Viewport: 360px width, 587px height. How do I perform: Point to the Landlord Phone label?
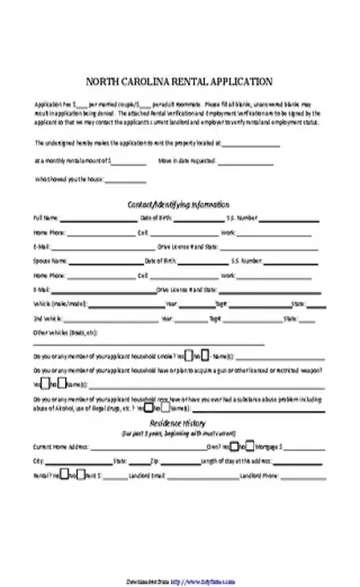click(261, 476)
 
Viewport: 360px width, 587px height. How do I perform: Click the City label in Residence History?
click(37, 462)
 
